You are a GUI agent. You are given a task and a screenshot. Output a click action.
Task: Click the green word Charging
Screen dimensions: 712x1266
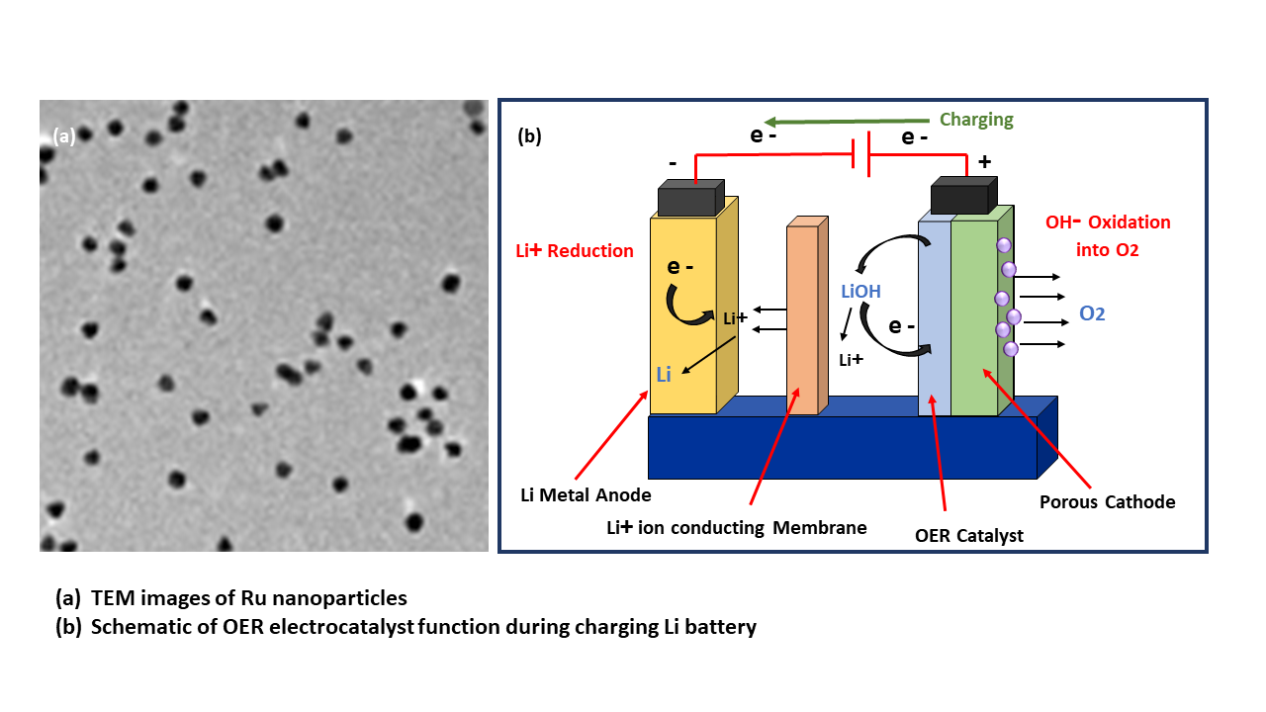976,120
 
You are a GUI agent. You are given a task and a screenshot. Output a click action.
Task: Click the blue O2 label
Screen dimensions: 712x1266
1092,313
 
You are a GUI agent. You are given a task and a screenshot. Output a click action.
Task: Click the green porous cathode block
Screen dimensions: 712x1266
973,316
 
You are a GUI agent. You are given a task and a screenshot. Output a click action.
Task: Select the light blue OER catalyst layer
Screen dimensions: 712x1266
934,316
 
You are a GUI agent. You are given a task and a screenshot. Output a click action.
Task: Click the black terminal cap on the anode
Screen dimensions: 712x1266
689,200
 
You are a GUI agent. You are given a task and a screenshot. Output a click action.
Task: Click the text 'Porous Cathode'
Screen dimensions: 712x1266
1107,502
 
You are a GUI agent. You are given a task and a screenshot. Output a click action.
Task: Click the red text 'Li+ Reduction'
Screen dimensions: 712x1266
575,251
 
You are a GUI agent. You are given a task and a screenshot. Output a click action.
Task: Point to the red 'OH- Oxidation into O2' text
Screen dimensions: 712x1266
1108,236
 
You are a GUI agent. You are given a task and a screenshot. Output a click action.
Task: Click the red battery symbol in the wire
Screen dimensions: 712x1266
861,155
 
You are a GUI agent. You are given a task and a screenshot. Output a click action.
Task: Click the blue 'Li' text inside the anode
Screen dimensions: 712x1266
663,374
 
